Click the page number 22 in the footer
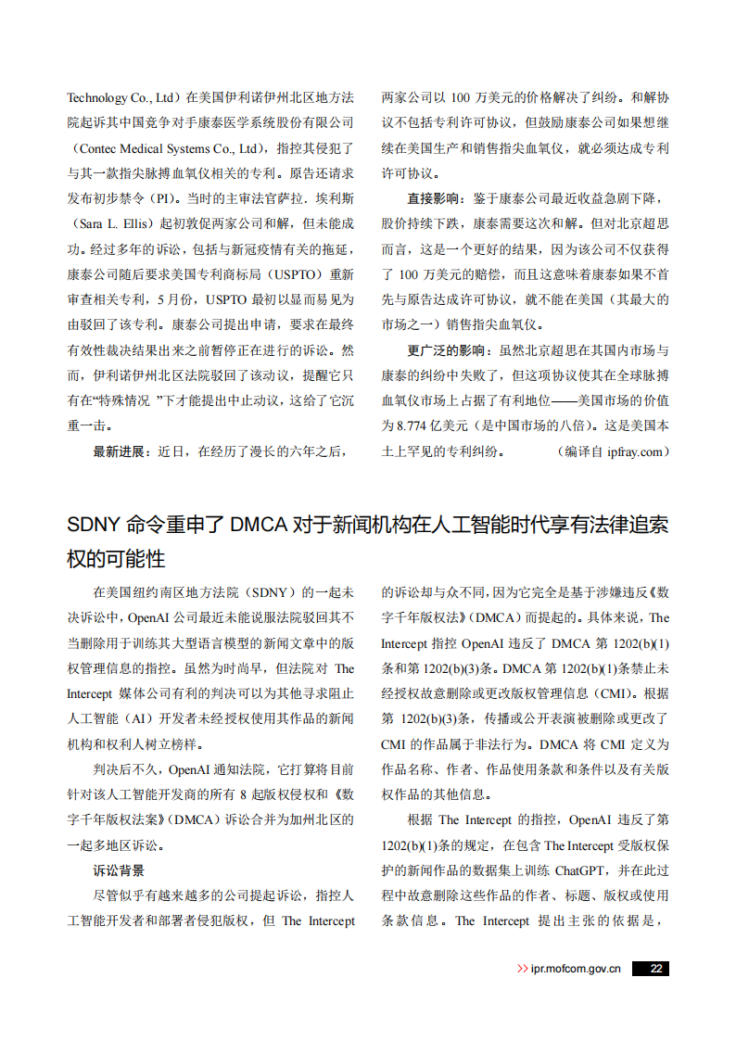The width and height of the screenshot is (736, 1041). coord(655,968)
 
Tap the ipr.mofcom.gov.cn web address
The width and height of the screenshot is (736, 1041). coord(576,968)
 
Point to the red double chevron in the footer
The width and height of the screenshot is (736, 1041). coord(523,969)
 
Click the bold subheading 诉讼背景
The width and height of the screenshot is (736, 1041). coord(119,870)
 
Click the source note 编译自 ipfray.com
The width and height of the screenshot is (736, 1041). coord(612,451)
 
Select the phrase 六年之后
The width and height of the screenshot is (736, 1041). coord(316,451)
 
